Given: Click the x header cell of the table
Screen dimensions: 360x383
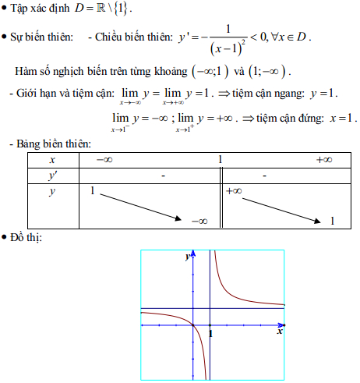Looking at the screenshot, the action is click(51, 160).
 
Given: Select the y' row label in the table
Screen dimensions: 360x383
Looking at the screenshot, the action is click(51, 176).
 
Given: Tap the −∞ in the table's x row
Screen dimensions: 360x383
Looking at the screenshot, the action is click(103, 160).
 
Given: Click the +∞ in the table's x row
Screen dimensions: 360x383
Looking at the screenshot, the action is click(324, 160).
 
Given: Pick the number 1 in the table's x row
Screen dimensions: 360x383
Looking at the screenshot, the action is click(221, 160).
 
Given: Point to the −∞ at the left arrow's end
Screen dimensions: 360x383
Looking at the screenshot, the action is click(199, 221).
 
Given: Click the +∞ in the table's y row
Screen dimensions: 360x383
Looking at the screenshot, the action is click(234, 190).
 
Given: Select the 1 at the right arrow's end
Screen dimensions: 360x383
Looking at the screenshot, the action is click(332, 221).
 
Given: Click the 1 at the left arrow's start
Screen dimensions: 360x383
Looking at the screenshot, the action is click(93, 191).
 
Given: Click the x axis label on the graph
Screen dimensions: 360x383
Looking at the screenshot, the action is click(279, 332).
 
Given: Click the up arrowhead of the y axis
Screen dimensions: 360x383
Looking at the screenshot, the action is click(192, 254).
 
